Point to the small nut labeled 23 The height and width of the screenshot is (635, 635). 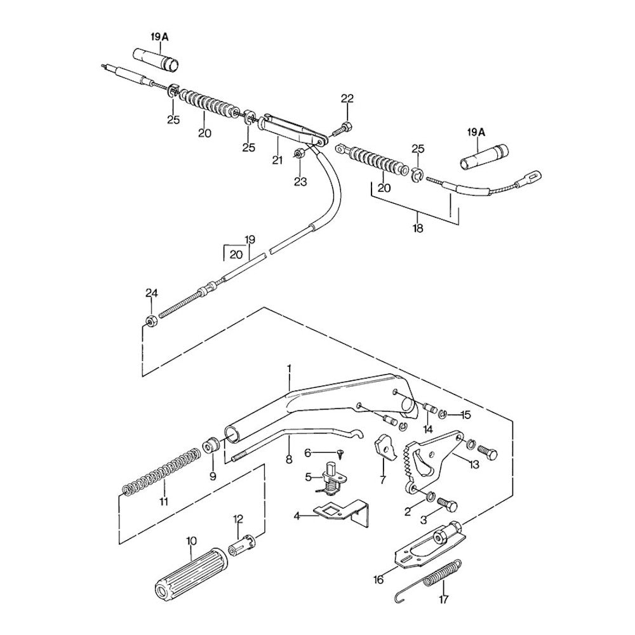(300, 156)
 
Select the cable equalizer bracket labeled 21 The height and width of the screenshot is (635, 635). (289, 130)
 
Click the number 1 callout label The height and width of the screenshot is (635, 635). (288, 368)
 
